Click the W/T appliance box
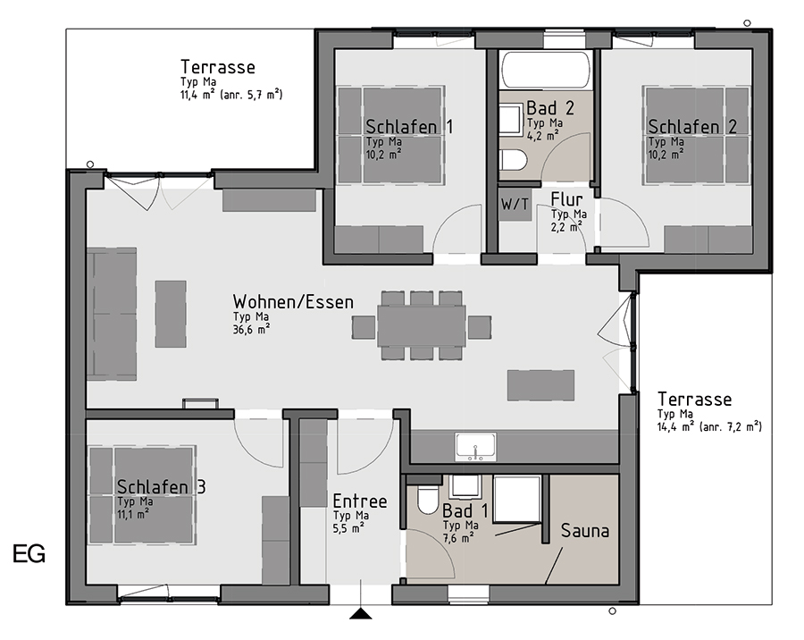pyautogui.click(x=515, y=205)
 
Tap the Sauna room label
pyautogui.click(x=584, y=530)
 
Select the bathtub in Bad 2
pyautogui.click(x=546, y=70)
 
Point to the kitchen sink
pyautogui.click(x=475, y=447)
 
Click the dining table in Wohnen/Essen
pyautogui.click(x=422, y=326)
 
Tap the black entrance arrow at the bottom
pyautogui.click(x=361, y=613)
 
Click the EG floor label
pyautogui.click(x=29, y=554)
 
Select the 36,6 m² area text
pyautogui.click(x=251, y=329)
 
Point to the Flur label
pyautogui.click(x=566, y=199)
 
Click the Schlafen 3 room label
pyautogui.click(x=161, y=486)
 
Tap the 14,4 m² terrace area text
pyautogui.click(x=709, y=426)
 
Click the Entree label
pyautogui.click(x=360, y=501)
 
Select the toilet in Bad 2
pyautogui.click(x=513, y=160)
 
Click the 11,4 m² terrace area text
pyautogui.click(x=231, y=95)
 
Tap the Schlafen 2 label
pyautogui.click(x=692, y=126)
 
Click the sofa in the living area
pyautogui.click(x=112, y=314)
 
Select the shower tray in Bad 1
pyautogui.click(x=517, y=499)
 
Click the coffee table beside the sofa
pyautogui.click(x=171, y=314)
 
